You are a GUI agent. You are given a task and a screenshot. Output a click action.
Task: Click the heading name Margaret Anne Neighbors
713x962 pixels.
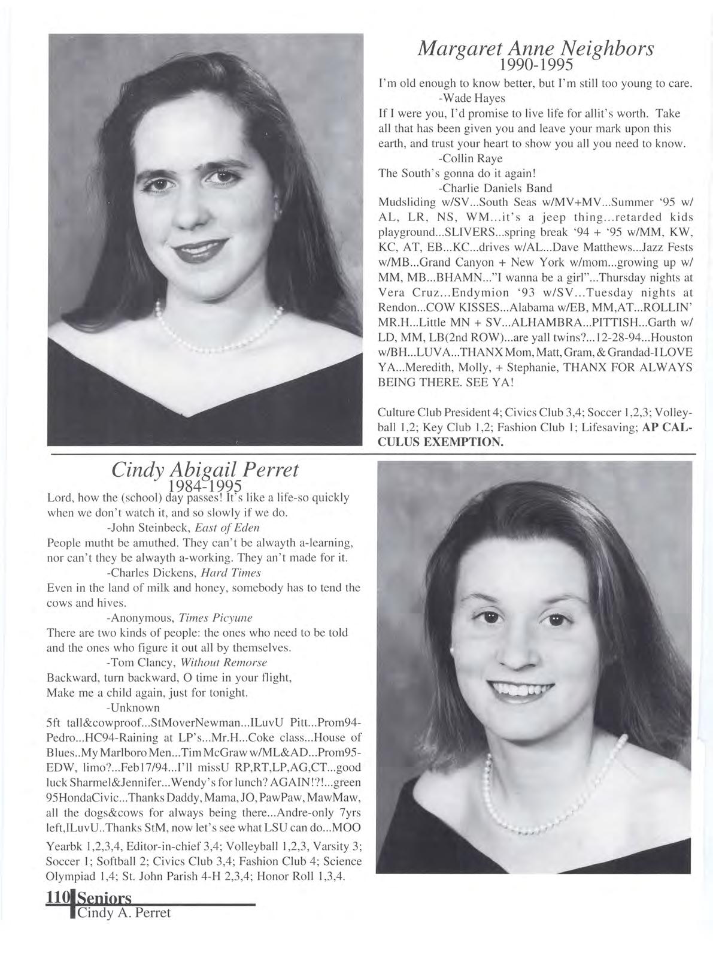pos(535,49)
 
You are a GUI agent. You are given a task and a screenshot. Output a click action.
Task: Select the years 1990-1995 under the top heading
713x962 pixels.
pos(536,64)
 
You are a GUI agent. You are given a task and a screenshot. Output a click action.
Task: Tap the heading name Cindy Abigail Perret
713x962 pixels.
pos(205,471)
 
